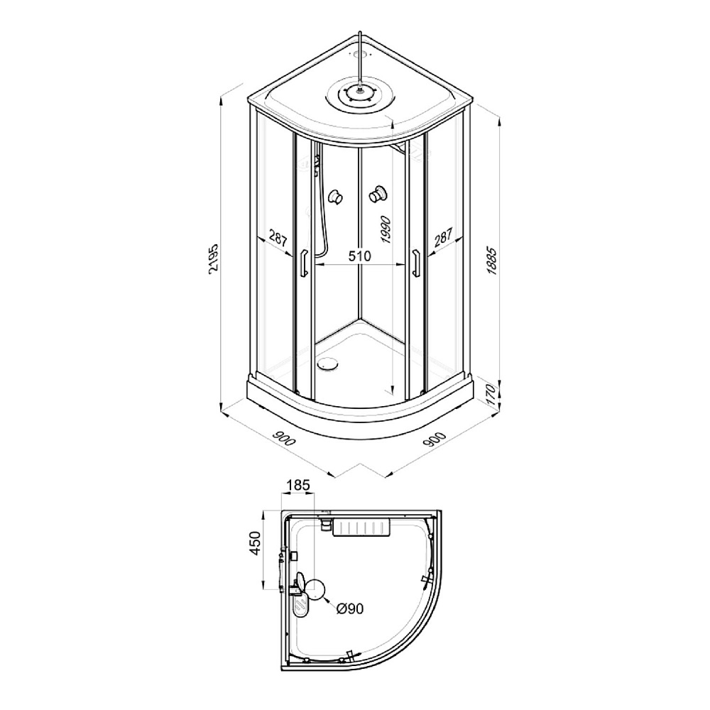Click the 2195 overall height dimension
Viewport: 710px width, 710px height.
point(214,258)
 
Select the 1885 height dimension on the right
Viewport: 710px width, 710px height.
point(492,261)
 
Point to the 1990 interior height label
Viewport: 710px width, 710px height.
point(386,229)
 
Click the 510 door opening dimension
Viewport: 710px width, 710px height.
point(359,256)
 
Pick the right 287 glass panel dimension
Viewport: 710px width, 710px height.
point(443,237)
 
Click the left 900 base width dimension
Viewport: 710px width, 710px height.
point(284,436)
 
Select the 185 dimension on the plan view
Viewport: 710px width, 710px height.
point(298,485)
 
